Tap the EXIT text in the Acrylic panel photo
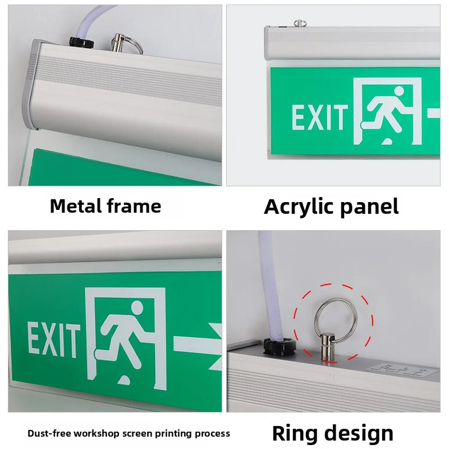[319, 117]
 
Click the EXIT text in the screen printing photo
[53, 340]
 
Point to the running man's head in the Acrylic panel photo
[398, 91]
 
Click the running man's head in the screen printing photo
[136, 308]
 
